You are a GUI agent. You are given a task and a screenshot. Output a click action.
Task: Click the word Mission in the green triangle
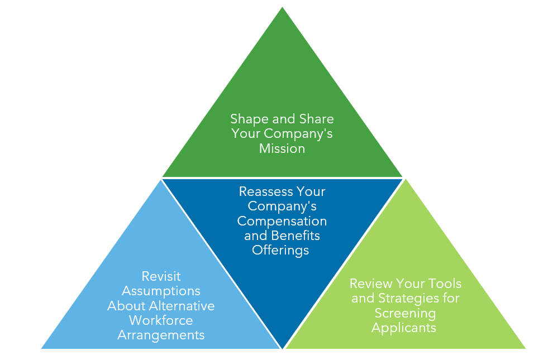point(282,148)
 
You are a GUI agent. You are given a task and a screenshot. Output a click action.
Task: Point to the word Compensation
point(282,221)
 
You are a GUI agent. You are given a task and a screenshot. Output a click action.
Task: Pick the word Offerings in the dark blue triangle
point(280,250)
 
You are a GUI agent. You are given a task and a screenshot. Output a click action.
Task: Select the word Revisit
point(161,276)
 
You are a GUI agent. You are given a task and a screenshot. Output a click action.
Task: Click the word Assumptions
point(161,291)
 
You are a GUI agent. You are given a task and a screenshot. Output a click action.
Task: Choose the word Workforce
point(161,320)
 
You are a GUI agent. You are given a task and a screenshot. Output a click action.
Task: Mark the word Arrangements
point(161,335)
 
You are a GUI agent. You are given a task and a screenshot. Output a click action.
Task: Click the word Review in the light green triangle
point(371,284)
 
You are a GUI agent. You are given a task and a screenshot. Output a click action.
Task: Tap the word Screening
point(405,313)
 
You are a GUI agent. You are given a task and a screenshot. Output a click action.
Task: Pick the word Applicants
point(404,327)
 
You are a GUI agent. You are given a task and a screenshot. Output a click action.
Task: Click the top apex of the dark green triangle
point(283,7)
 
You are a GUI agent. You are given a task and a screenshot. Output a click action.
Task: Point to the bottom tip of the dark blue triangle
point(283,348)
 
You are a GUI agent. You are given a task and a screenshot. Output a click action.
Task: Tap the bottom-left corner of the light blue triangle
point(42,348)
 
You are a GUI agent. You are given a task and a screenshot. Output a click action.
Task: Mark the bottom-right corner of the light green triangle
point(525,348)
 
